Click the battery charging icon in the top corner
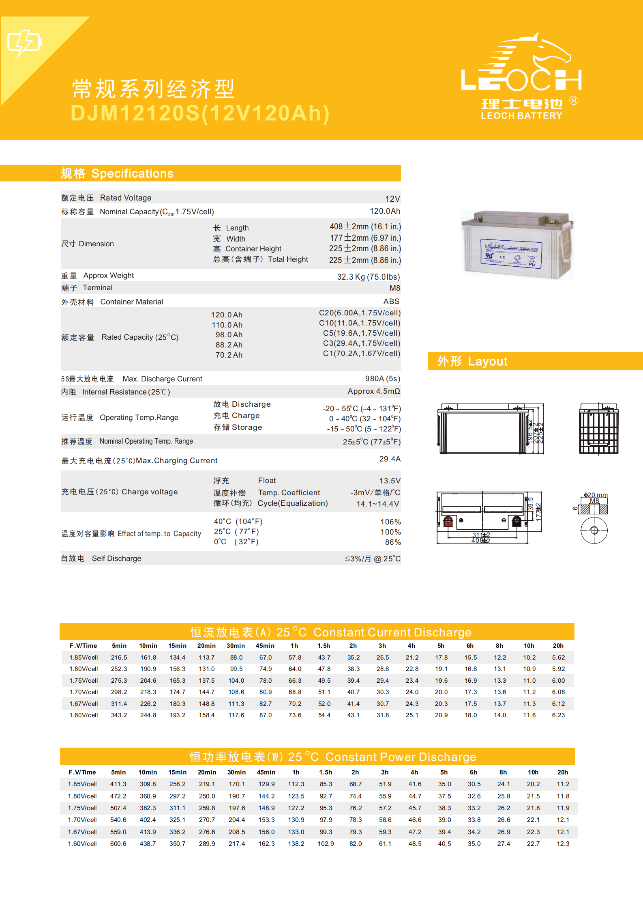click(x=24, y=43)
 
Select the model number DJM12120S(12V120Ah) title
click(x=200, y=113)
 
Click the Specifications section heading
click(x=117, y=174)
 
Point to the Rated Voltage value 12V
click(x=392, y=199)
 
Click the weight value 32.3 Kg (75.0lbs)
click(x=368, y=277)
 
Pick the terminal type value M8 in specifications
click(x=394, y=288)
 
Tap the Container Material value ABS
click(x=391, y=302)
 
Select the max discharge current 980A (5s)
click(x=382, y=379)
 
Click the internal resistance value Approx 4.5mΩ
click(x=373, y=391)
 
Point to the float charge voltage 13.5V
click(x=389, y=481)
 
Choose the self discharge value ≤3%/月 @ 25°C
click(x=372, y=559)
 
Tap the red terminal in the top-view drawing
click(x=448, y=521)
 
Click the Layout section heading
click(x=472, y=361)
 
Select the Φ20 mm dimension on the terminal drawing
click(x=596, y=495)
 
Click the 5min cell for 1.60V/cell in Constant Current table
click(x=119, y=715)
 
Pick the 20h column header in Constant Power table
click(x=562, y=772)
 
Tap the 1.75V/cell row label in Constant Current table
click(x=84, y=681)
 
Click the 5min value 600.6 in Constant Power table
click(x=118, y=844)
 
